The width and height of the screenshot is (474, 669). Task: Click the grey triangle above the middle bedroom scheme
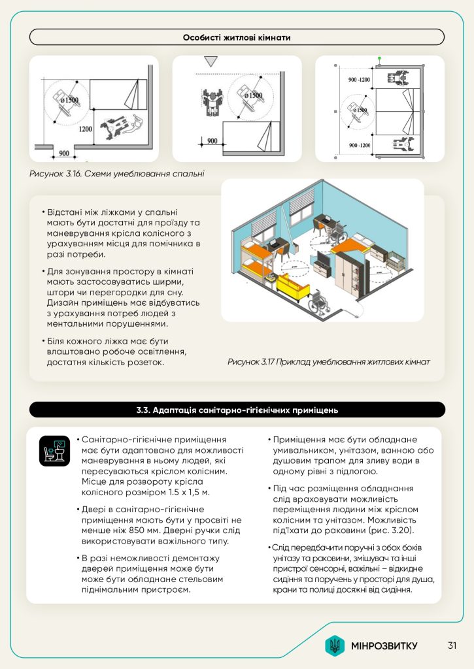tap(210, 62)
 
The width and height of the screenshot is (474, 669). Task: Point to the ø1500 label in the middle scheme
tap(253, 96)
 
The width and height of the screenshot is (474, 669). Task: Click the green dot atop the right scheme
tap(379, 59)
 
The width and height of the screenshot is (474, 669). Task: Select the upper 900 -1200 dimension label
tap(359, 80)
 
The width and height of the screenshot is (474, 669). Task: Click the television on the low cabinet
tap(324, 263)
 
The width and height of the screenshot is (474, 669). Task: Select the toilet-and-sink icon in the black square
tap(54, 451)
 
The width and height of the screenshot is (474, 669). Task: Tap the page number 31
tap(452, 646)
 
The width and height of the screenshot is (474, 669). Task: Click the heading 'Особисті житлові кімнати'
tap(237, 37)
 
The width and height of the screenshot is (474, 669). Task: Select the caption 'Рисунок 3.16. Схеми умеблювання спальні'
tap(117, 174)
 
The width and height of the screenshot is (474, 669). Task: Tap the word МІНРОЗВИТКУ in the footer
tap(384, 646)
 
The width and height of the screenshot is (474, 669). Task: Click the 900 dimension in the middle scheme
tap(212, 140)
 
